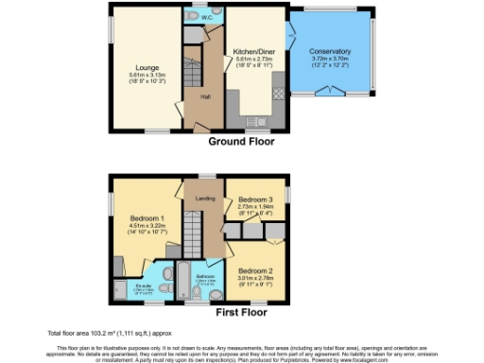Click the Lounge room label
point(146,67)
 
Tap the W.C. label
point(206,17)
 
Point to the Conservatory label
point(330,51)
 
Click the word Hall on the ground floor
point(204,96)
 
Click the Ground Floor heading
point(241,142)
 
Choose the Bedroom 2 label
point(255,246)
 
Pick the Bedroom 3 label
point(255,199)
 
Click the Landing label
point(204,199)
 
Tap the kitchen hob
point(278,93)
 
